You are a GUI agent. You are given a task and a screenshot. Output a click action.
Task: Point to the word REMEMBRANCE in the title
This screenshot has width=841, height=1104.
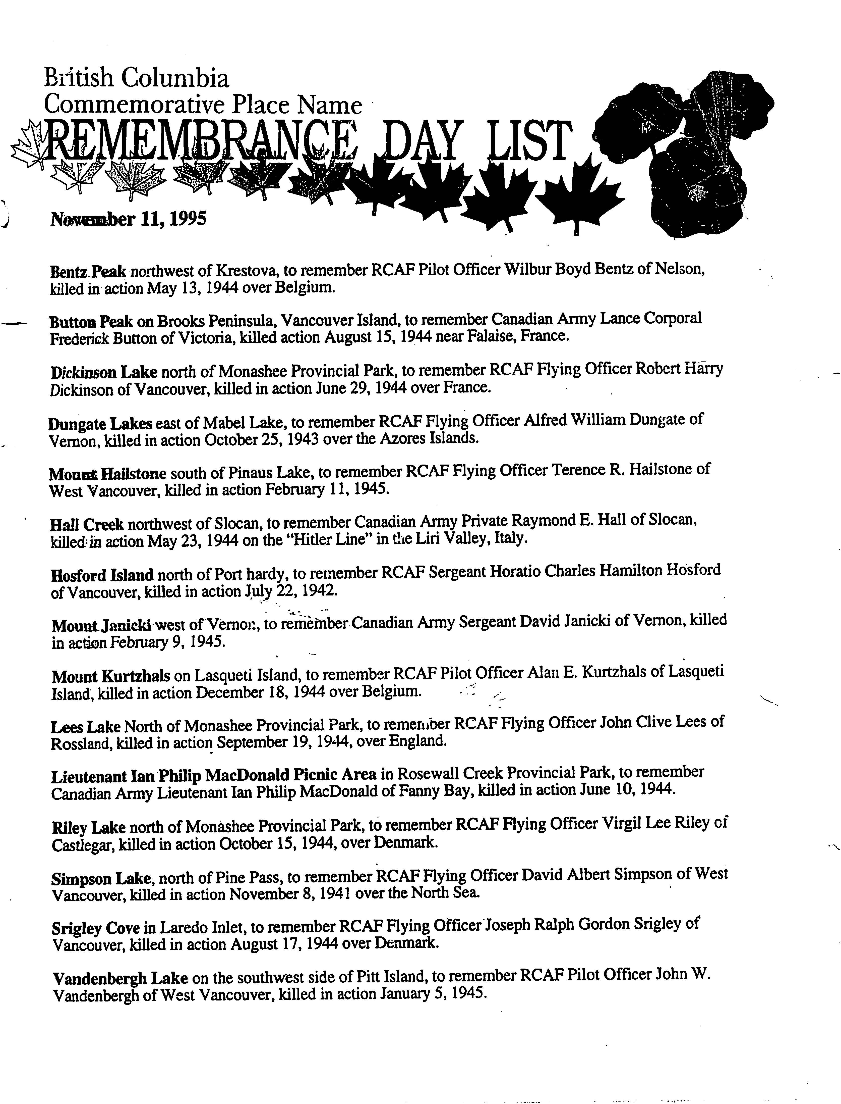coord(200,143)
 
